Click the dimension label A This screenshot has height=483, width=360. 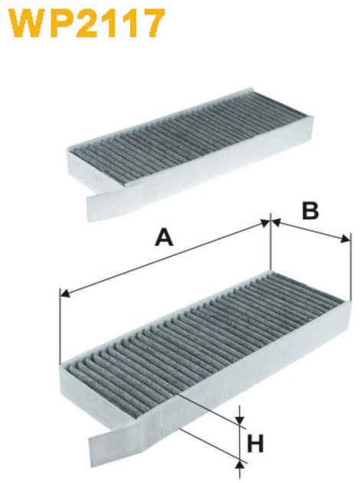pyautogui.click(x=165, y=238)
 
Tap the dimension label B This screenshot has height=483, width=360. pyautogui.click(x=310, y=211)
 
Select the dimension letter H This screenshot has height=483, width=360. pyautogui.click(x=255, y=444)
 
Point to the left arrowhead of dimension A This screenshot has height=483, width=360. pyautogui.click(x=64, y=293)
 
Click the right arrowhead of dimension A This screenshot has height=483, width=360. pyautogui.click(x=264, y=222)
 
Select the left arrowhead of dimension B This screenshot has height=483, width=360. pyautogui.click(x=276, y=223)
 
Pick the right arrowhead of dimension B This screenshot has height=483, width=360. pyautogui.click(x=345, y=239)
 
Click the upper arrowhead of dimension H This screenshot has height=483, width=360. pyautogui.click(x=240, y=419)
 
